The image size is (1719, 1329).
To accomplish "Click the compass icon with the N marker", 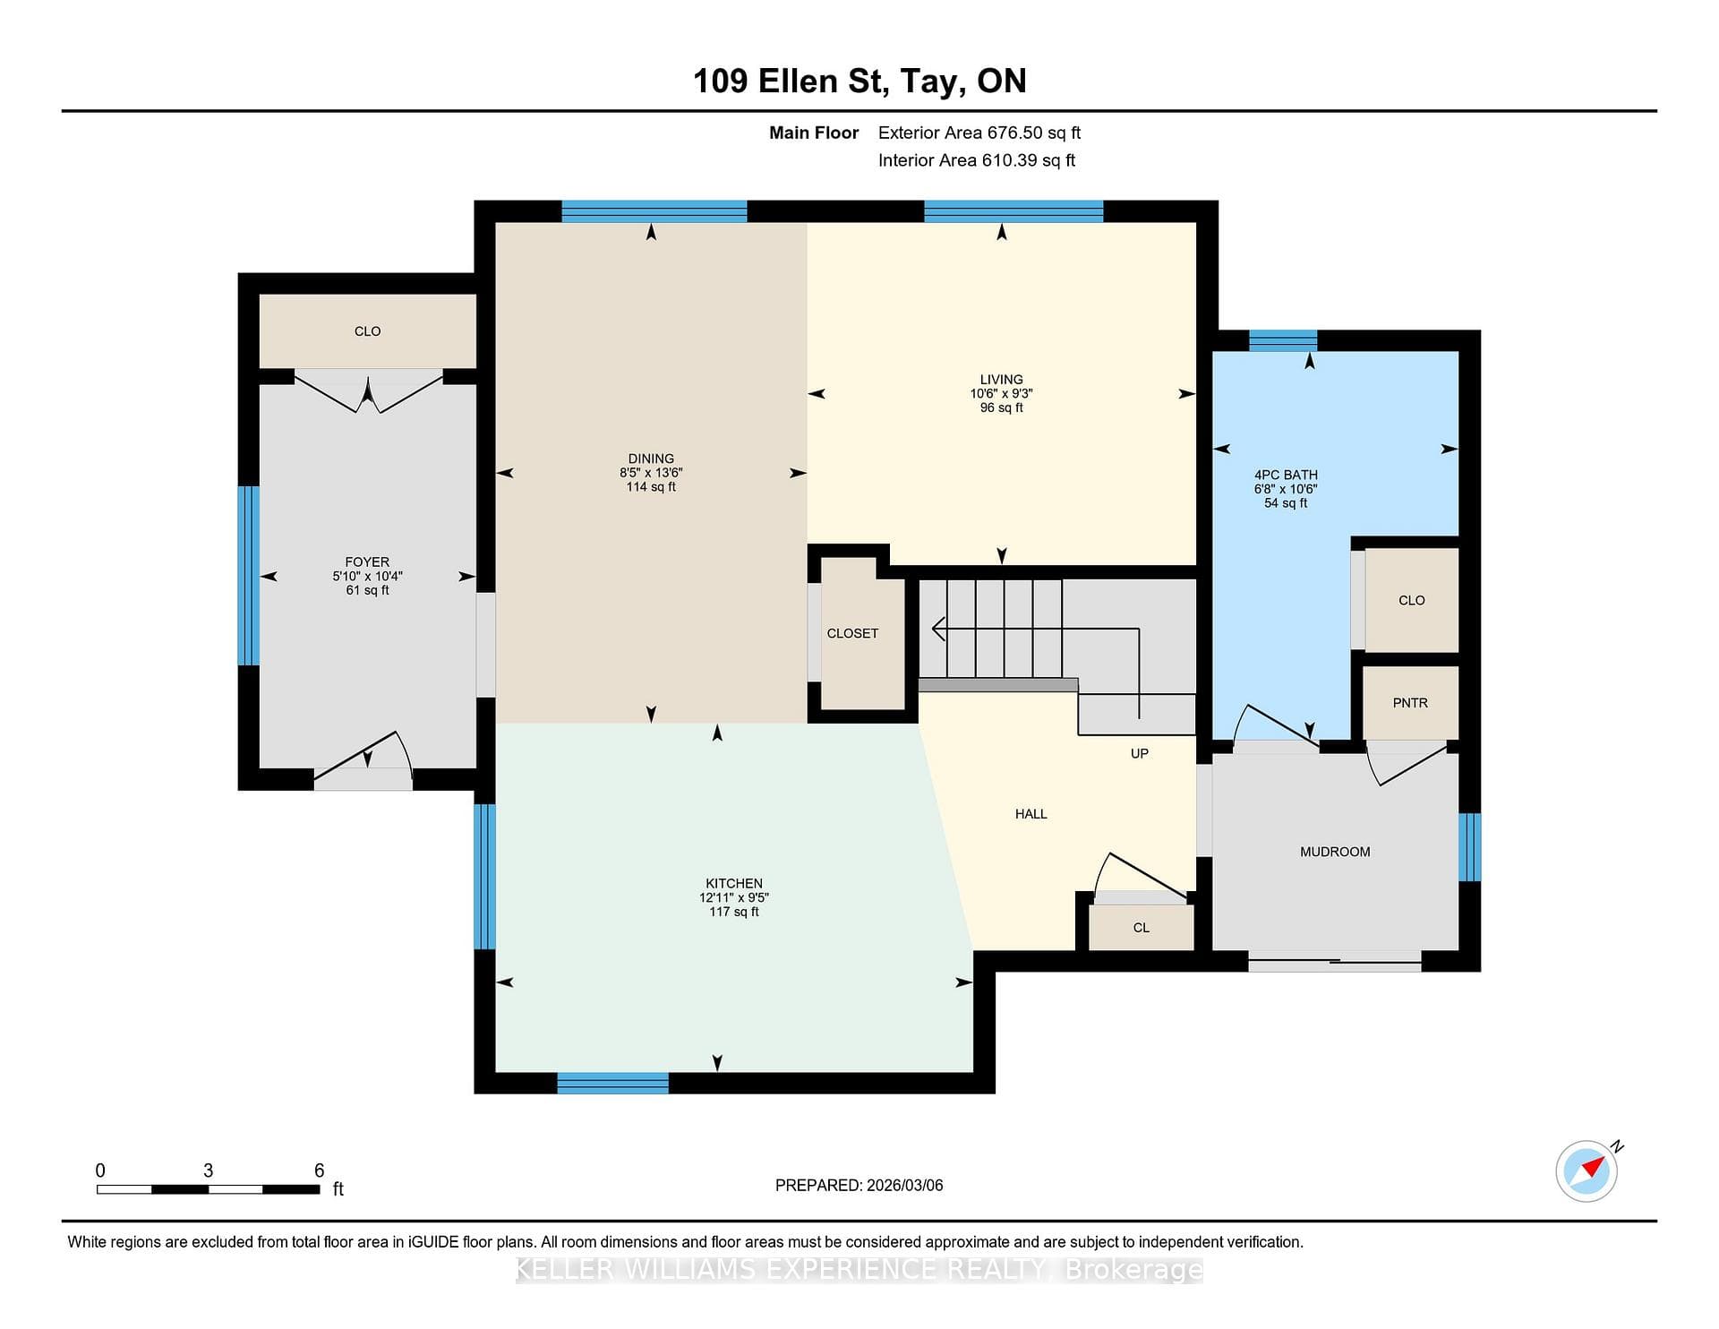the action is click(1586, 1170).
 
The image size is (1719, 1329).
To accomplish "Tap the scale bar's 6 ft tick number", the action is click(319, 1170).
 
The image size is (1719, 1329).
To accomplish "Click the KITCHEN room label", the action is click(734, 883).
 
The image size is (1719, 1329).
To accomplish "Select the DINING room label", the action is click(651, 459).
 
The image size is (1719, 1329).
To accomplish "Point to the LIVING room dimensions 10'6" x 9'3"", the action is click(1001, 393).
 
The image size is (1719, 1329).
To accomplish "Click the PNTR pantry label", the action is click(1410, 703).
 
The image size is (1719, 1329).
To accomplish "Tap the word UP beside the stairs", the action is click(1139, 753).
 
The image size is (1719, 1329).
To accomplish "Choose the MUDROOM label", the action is click(1335, 852).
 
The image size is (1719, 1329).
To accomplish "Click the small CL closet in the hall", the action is click(1142, 928).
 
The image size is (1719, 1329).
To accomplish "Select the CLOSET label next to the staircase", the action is click(852, 633).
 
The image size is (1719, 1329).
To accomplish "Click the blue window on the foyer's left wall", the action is click(248, 576).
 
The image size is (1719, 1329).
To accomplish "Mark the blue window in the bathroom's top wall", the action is click(1283, 340).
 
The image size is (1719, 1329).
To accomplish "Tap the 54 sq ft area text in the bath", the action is click(1286, 503).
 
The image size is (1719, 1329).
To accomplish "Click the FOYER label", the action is click(367, 562).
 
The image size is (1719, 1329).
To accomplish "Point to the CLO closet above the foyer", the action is click(367, 331).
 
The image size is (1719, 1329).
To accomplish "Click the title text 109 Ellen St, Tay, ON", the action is click(859, 81).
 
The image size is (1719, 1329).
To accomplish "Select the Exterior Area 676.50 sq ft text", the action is click(979, 133).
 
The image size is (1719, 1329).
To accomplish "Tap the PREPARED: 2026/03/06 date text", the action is click(859, 1185).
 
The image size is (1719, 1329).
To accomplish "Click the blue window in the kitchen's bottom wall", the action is click(612, 1083).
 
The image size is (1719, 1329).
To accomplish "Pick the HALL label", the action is click(1031, 814).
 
